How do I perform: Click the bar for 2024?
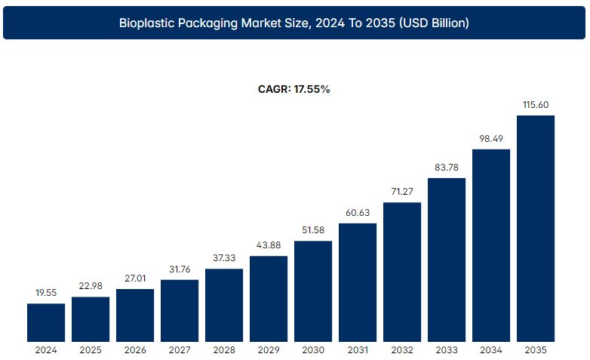pos(46,322)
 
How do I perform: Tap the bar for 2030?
pos(313,291)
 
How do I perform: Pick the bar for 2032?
pos(402,272)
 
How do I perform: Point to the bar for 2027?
pos(180,310)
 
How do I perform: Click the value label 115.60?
pos(536,105)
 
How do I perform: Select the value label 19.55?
pos(46,293)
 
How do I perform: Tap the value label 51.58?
pos(313,230)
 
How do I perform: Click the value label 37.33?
pos(224,258)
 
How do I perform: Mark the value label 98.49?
pos(491,139)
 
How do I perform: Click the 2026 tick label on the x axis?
pos(135,350)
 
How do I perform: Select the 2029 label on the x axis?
pos(269,350)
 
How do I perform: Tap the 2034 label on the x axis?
pos(491,350)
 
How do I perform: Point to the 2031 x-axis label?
pos(358,350)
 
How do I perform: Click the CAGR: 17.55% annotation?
pos(294,89)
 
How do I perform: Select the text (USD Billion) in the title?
pos(432,23)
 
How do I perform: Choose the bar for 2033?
pos(447,260)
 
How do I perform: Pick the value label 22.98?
pos(91,286)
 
